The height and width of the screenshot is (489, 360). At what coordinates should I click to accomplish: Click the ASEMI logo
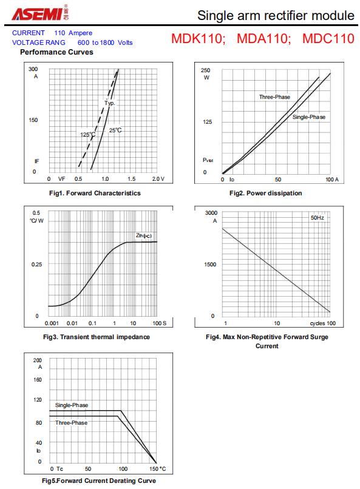click(x=40, y=13)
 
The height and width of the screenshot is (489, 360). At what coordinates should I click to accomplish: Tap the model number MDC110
click(x=328, y=38)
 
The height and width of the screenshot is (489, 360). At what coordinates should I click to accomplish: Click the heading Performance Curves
click(x=56, y=52)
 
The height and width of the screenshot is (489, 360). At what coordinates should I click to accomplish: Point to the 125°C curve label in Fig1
click(x=87, y=135)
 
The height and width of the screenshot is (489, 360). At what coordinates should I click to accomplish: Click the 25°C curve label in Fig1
click(x=115, y=130)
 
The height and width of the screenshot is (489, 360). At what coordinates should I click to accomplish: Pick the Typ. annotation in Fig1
click(x=109, y=103)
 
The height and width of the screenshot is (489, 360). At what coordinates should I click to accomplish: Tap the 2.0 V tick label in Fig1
click(x=158, y=179)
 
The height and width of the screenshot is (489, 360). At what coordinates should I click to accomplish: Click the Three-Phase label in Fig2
click(x=274, y=97)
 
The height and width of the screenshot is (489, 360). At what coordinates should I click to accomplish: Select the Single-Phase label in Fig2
click(x=309, y=117)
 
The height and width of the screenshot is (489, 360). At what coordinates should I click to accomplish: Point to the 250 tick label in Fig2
click(x=205, y=70)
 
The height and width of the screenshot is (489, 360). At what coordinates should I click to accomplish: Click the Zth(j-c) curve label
click(x=143, y=235)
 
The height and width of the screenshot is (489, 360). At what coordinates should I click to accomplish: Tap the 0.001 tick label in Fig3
click(x=52, y=323)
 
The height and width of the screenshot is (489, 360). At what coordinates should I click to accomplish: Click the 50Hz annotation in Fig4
click(x=317, y=218)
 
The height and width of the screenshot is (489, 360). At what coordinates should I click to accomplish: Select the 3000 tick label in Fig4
click(x=211, y=213)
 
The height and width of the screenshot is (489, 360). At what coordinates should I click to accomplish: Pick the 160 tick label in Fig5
click(x=38, y=380)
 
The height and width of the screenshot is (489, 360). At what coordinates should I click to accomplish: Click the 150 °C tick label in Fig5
click(x=158, y=469)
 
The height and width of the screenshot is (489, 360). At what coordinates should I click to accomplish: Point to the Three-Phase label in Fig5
click(x=72, y=423)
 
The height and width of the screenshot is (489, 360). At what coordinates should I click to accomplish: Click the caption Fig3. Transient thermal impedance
click(x=97, y=337)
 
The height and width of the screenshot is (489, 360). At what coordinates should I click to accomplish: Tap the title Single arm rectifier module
click(x=276, y=15)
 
